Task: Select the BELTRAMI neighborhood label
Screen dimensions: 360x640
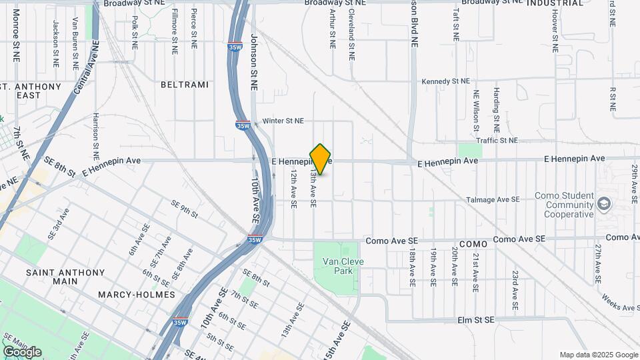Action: pos(185,85)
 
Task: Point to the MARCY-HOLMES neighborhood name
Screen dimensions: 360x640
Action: pos(136,294)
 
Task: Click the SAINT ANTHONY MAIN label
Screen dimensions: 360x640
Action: pos(65,277)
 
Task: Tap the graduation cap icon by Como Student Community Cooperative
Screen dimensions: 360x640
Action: pos(604,202)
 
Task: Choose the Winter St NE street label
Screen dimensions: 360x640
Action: pos(283,121)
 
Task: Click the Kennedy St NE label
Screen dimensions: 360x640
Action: pos(445,81)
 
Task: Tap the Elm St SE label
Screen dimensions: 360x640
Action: pos(476,320)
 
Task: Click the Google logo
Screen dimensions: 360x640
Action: pos(22,351)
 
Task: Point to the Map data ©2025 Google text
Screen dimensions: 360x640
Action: pos(598,355)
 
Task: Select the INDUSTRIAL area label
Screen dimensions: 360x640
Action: pos(555,3)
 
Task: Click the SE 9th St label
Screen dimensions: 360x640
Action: pos(184,209)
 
